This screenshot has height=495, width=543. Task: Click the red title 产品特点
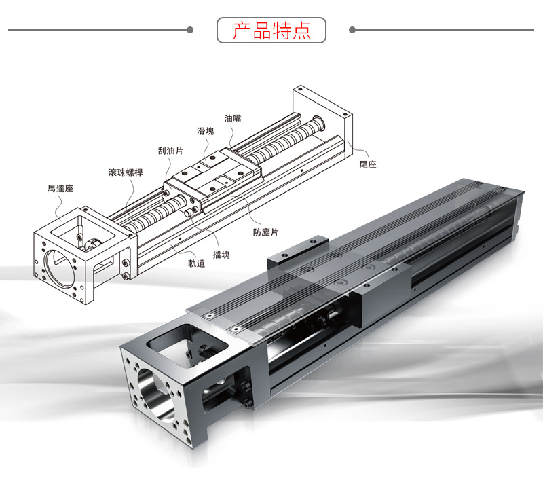pyautogui.click(x=271, y=30)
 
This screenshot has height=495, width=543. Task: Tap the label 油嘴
pyautogui.click(x=233, y=118)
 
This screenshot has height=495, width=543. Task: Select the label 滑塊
pyautogui.click(x=206, y=131)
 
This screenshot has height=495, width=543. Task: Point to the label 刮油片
pyautogui.click(x=170, y=151)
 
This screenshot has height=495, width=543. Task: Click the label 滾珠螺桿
pyautogui.click(x=126, y=172)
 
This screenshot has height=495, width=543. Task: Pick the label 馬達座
pyautogui.click(x=60, y=189)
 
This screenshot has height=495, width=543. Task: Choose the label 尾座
pyautogui.click(x=368, y=164)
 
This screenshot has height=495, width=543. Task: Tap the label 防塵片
pyautogui.click(x=265, y=232)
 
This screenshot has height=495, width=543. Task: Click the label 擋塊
pyautogui.click(x=221, y=255)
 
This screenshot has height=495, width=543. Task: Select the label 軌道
pyautogui.click(x=197, y=263)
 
